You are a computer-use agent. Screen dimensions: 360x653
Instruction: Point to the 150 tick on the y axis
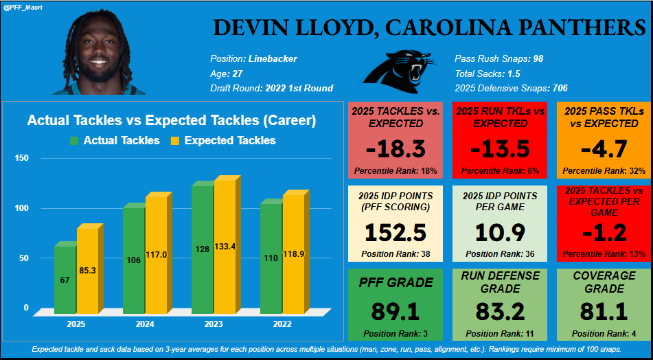click(x=22, y=158)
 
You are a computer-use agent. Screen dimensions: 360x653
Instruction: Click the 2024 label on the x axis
click(x=145, y=324)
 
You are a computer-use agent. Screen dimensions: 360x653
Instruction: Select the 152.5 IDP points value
click(x=395, y=232)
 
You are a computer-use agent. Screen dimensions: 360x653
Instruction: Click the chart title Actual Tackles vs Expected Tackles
click(x=171, y=120)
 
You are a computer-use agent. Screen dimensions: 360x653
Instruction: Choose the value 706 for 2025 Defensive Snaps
click(x=556, y=88)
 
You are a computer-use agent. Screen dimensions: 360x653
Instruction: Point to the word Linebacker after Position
click(x=273, y=58)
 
